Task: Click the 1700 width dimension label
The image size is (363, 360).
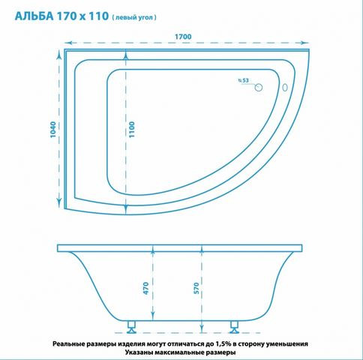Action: click(183, 37)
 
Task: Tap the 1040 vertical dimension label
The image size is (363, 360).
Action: click(53, 130)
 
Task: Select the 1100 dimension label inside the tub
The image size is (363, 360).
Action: click(132, 129)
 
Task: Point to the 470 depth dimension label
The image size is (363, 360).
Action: click(145, 288)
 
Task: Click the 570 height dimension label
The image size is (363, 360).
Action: click(196, 288)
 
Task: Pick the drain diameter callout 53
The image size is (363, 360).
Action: click(245, 80)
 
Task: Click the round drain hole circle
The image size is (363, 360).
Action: click(259, 88)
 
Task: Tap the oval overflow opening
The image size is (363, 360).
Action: click(285, 88)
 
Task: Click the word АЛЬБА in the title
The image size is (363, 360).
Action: click(34, 16)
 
